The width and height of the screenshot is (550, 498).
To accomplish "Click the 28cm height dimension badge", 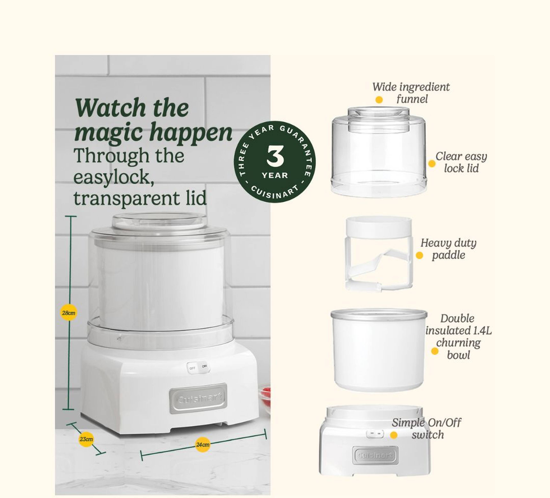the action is tap(68, 313).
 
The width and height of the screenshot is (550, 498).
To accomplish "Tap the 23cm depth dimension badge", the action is tap(86, 439).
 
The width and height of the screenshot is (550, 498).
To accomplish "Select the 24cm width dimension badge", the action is tap(203, 445).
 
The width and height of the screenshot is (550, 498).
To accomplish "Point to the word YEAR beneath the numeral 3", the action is tap(275, 175).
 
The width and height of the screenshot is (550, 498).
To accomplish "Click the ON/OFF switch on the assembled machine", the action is tap(198, 367).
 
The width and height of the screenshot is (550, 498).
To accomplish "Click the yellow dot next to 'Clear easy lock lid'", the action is tap(432, 164).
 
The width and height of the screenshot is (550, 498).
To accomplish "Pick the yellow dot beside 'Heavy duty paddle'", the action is tap(419, 255).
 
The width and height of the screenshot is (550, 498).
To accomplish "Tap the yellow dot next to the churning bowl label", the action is tap(435, 351).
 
